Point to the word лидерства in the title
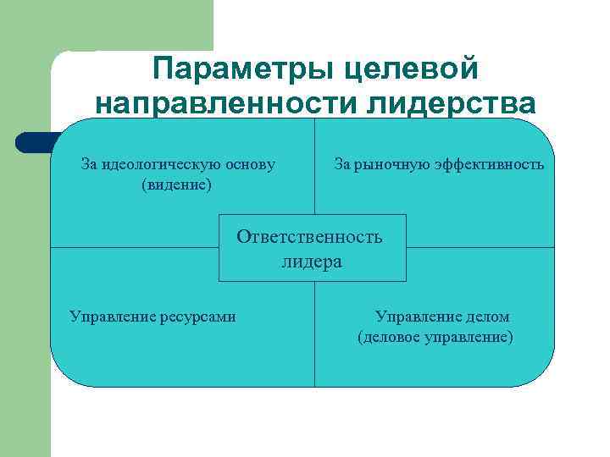[454, 103]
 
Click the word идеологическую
[162, 163]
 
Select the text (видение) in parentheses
[177, 184]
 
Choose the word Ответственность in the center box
[310, 236]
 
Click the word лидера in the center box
[312, 261]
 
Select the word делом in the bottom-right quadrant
[487, 317]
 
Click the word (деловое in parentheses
[385, 337]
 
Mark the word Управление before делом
[418, 317]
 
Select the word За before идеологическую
[89, 163]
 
